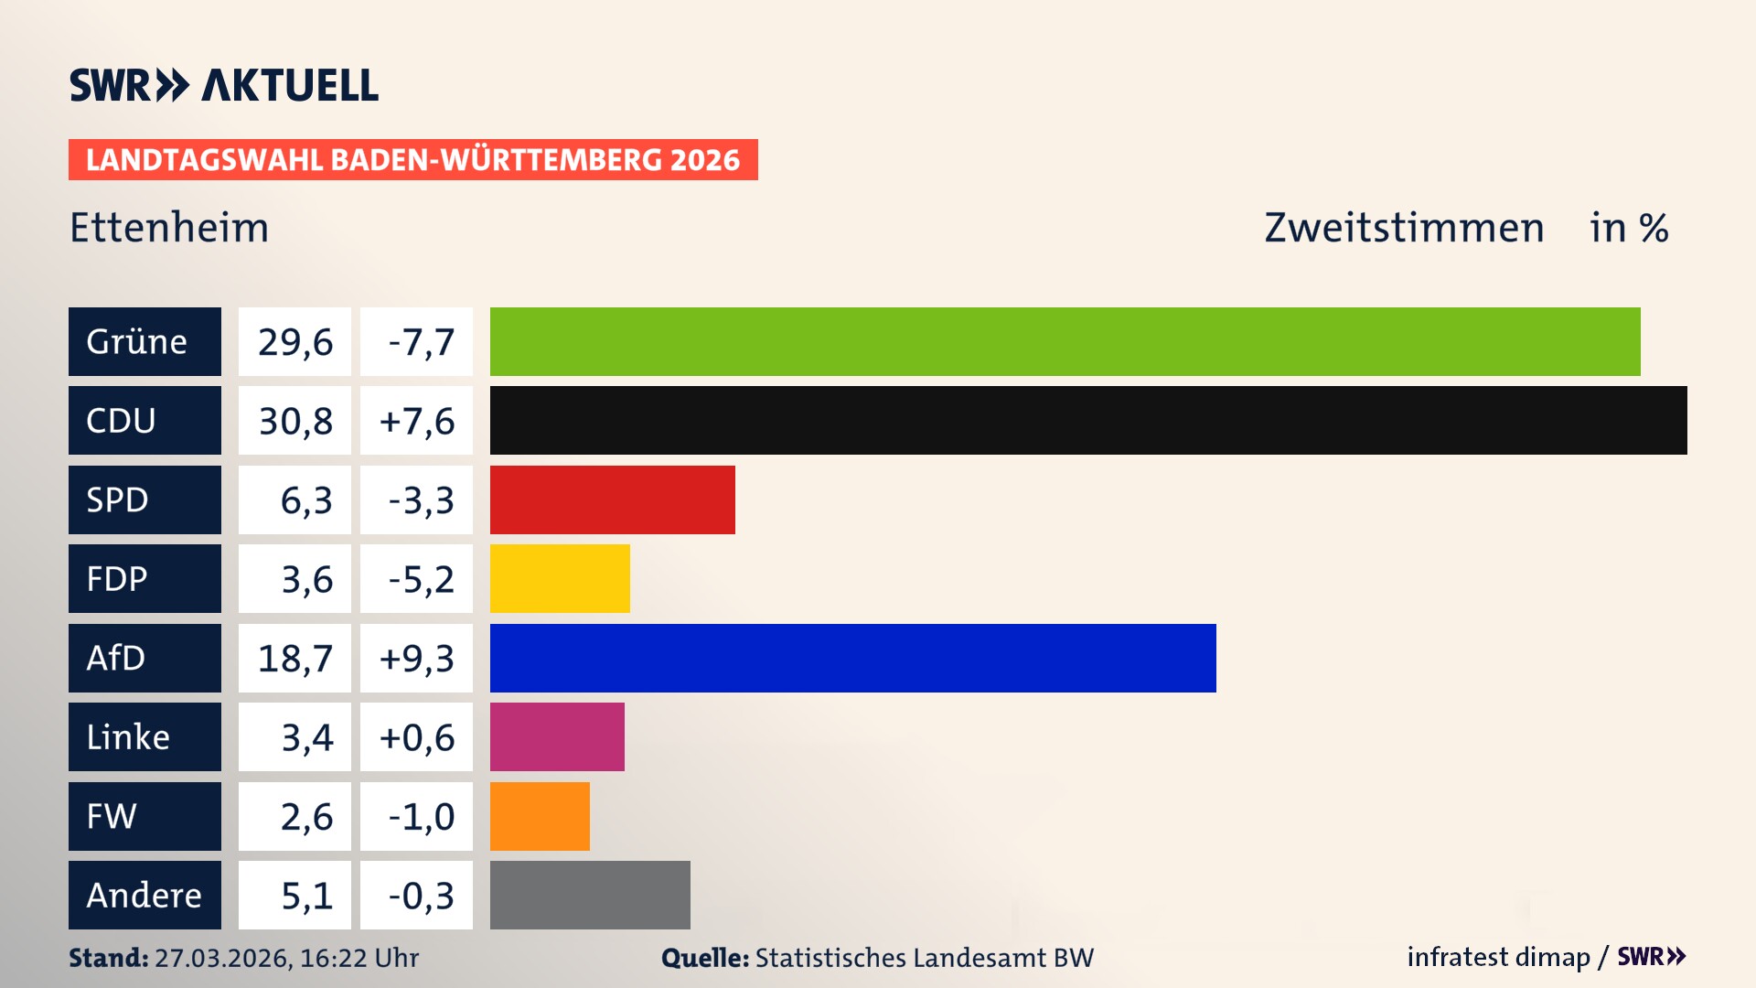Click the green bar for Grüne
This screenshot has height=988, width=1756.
click(x=1065, y=341)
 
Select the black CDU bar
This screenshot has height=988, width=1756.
click(x=1088, y=420)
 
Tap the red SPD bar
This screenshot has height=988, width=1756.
click(x=612, y=499)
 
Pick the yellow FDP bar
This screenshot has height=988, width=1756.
click(x=560, y=578)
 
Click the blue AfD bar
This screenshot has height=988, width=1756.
click(x=852, y=658)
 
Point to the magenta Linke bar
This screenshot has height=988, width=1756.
click(x=557, y=736)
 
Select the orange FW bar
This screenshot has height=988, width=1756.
click(x=540, y=816)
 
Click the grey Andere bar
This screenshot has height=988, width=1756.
click(x=590, y=895)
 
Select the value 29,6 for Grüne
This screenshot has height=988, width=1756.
click(x=294, y=341)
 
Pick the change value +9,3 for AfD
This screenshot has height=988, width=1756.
click(x=416, y=658)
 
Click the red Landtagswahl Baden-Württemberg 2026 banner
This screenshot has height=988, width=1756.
click(x=412, y=159)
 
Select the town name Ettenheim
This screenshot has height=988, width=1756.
click(x=169, y=228)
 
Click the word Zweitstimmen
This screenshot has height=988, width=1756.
click(x=1404, y=228)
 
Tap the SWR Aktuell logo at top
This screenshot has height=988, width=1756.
click(x=223, y=85)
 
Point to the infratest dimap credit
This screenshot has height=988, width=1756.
click(x=1498, y=957)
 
